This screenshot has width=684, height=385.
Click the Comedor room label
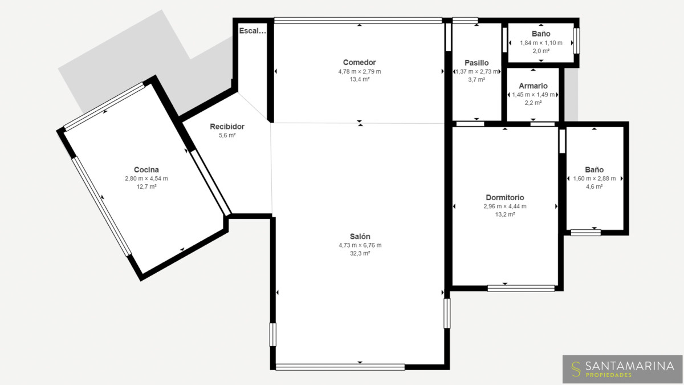(360, 62)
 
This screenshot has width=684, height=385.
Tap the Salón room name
(360, 236)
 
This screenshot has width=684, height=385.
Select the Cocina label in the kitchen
(146, 169)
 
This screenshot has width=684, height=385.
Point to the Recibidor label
(227, 127)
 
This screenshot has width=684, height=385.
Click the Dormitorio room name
(505, 197)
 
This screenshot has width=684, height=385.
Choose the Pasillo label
(477, 63)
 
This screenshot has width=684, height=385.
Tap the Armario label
(533, 86)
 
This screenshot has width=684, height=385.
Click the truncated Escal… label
(253, 31)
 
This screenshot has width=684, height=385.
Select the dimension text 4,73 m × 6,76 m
(360, 245)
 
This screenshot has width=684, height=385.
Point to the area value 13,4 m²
(360, 79)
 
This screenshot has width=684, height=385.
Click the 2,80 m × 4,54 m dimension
(146, 179)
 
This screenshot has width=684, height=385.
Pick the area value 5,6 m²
(227, 135)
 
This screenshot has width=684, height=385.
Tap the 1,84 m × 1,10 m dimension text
(541, 43)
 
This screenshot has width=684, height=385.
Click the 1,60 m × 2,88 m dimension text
(594, 179)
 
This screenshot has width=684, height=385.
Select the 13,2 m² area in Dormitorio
(505, 214)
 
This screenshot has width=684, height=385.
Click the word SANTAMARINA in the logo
(630, 366)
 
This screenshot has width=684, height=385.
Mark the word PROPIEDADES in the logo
(609, 375)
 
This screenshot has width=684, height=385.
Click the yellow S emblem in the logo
(576, 369)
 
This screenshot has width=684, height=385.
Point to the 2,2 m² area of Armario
(533, 103)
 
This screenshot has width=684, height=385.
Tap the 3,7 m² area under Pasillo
(477, 80)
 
